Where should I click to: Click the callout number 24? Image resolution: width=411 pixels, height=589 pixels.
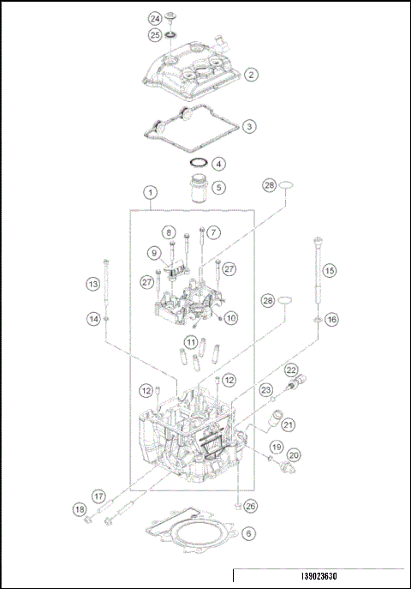pyautogui.click(x=155, y=18)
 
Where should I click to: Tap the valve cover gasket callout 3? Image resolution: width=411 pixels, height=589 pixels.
pyautogui.click(x=248, y=126)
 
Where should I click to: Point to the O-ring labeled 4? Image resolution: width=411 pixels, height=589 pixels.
pyautogui.click(x=198, y=163)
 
